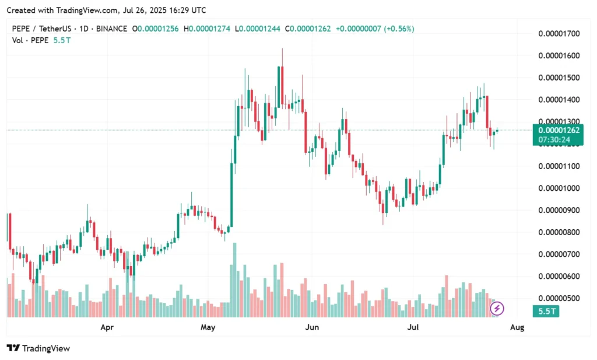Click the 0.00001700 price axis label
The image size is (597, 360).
[x=559, y=34]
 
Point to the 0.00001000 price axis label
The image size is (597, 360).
[x=559, y=188]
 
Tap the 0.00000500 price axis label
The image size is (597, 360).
[x=559, y=298]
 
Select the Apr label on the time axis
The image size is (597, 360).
[x=107, y=327]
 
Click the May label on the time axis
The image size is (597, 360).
[x=208, y=327]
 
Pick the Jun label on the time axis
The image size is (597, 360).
[x=312, y=327]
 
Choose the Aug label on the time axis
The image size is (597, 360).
[x=517, y=327]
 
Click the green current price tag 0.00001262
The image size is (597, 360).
[x=559, y=131]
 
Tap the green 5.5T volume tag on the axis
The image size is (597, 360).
[x=546, y=312]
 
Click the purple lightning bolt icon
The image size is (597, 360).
[x=499, y=308]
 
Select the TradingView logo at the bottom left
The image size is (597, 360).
[x=38, y=348]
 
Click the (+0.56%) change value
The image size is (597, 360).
[x=399, y=28]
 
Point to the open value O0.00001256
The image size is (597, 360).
[x=156, y=28]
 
